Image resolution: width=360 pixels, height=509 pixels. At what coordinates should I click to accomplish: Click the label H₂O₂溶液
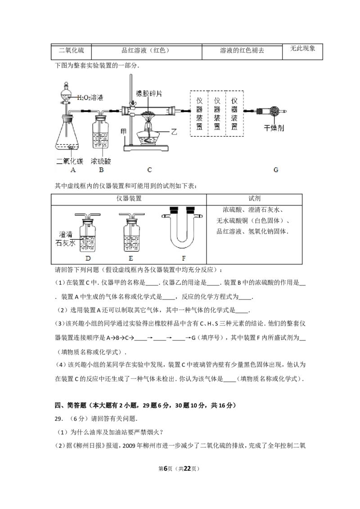coord(90,98)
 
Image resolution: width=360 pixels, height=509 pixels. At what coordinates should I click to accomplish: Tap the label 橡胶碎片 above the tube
coord(149,94)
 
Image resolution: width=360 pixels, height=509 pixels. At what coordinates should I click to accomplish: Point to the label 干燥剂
coord(274,128)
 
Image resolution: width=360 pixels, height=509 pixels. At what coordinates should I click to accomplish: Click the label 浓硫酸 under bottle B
coord(101,161)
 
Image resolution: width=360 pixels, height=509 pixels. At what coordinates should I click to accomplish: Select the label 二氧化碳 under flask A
coord(70,161)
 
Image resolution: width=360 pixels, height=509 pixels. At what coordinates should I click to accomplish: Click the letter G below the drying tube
coord(276,170)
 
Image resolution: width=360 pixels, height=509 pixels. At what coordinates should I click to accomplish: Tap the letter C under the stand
coord(149,170)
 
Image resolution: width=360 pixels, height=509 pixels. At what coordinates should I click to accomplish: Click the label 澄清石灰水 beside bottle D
coord(66,239)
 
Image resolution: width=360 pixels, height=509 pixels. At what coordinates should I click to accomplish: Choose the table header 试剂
coord(254,198)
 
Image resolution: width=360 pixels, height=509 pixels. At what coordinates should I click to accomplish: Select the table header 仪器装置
coord(129,198)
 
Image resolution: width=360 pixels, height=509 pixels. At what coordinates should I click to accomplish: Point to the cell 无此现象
coord(302,49)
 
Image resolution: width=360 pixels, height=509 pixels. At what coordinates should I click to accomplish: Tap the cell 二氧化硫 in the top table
coord(71,50)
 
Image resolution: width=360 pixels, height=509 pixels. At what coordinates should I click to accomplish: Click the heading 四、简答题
coord(71,405)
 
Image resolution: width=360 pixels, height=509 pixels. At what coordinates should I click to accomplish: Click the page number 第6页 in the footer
coord(165,469)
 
